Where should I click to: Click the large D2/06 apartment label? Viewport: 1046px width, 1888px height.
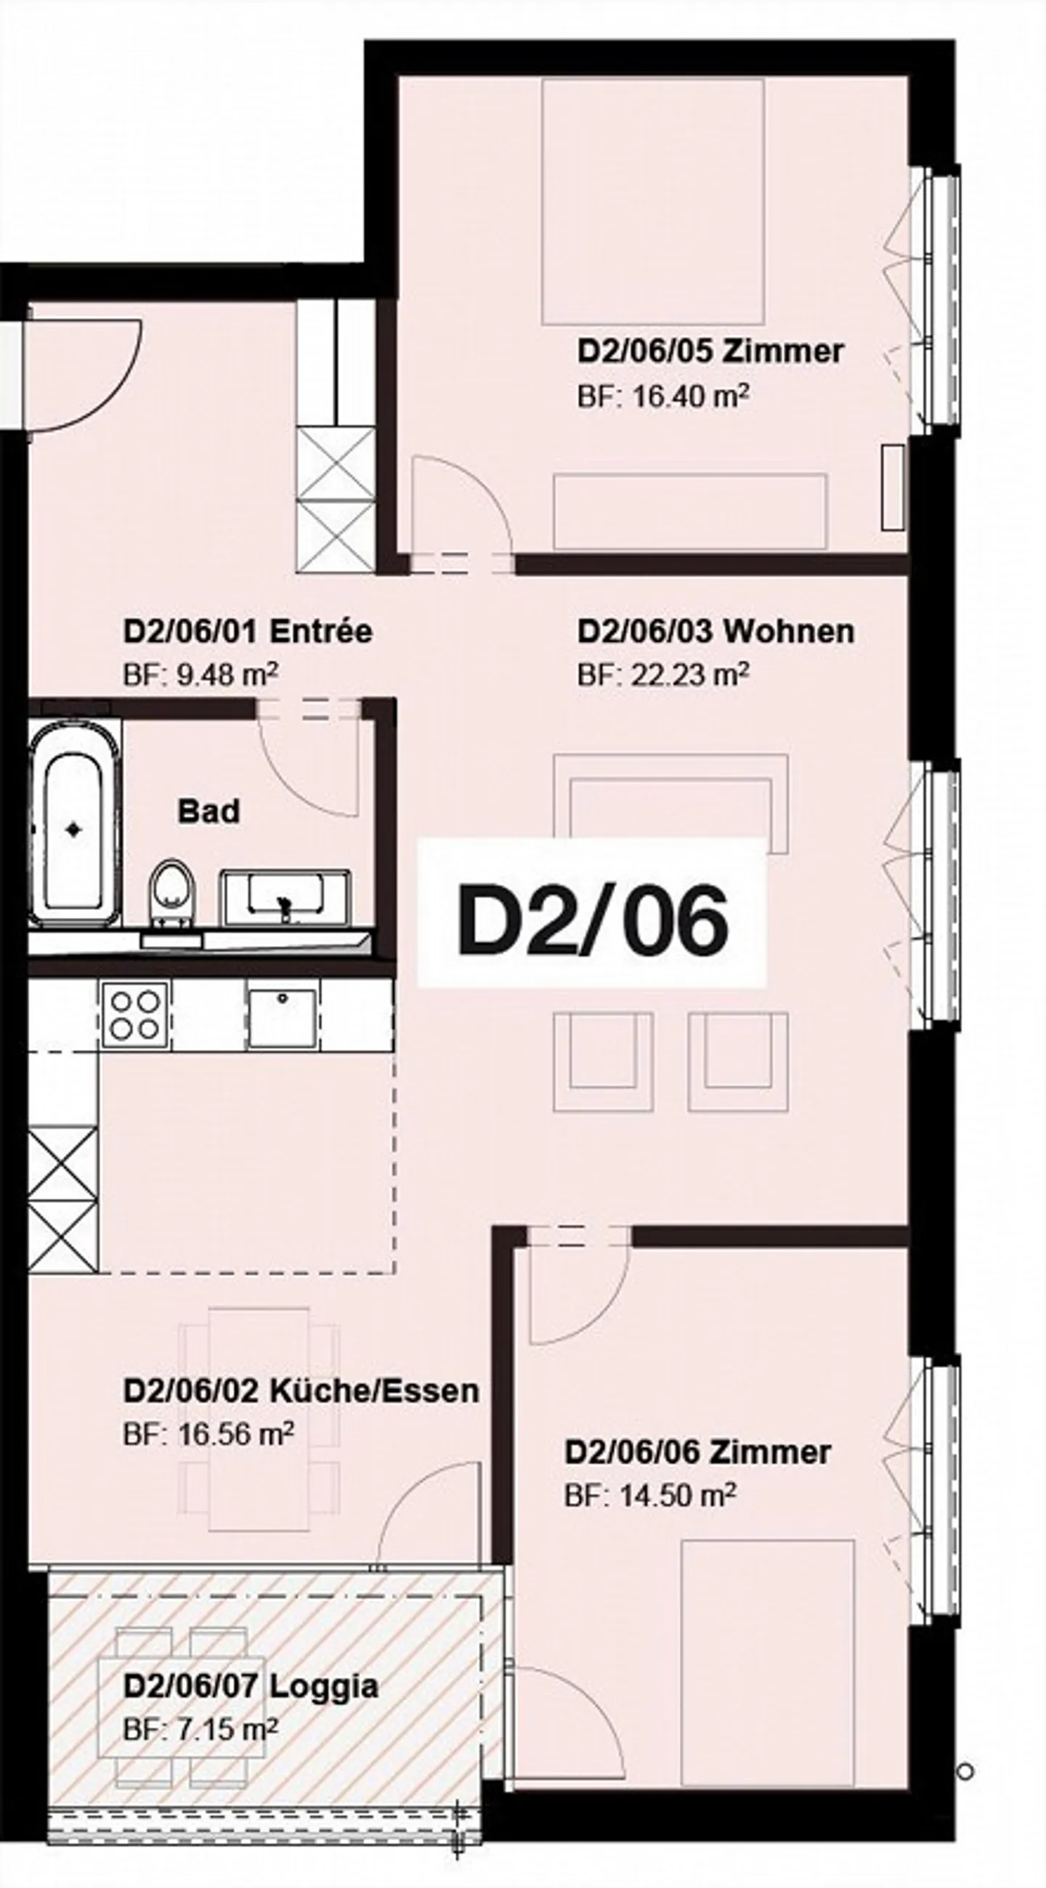592,921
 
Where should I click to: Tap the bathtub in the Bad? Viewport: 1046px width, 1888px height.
73,830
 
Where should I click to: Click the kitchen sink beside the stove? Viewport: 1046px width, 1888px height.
283,1017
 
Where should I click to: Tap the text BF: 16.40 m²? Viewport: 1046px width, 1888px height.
662,396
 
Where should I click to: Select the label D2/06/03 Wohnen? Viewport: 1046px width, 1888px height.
715,632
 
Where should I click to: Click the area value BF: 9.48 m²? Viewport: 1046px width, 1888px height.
200,674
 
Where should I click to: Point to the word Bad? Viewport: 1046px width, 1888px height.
208,812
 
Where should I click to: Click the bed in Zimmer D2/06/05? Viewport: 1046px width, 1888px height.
652,202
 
